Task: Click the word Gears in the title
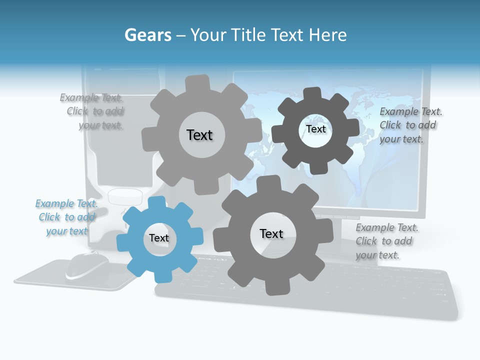(x=147, y=35)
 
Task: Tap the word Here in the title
(x=327, y=35)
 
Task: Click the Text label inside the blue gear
(x=159, y=238)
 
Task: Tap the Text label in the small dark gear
(x=315, y=129)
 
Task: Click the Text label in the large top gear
(x=199, y=135)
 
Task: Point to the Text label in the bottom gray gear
(x=271, y=234)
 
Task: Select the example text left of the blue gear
(x=66, y=217)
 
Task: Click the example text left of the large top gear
(x=95, y=111)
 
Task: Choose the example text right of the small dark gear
(x=409, y=125)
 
